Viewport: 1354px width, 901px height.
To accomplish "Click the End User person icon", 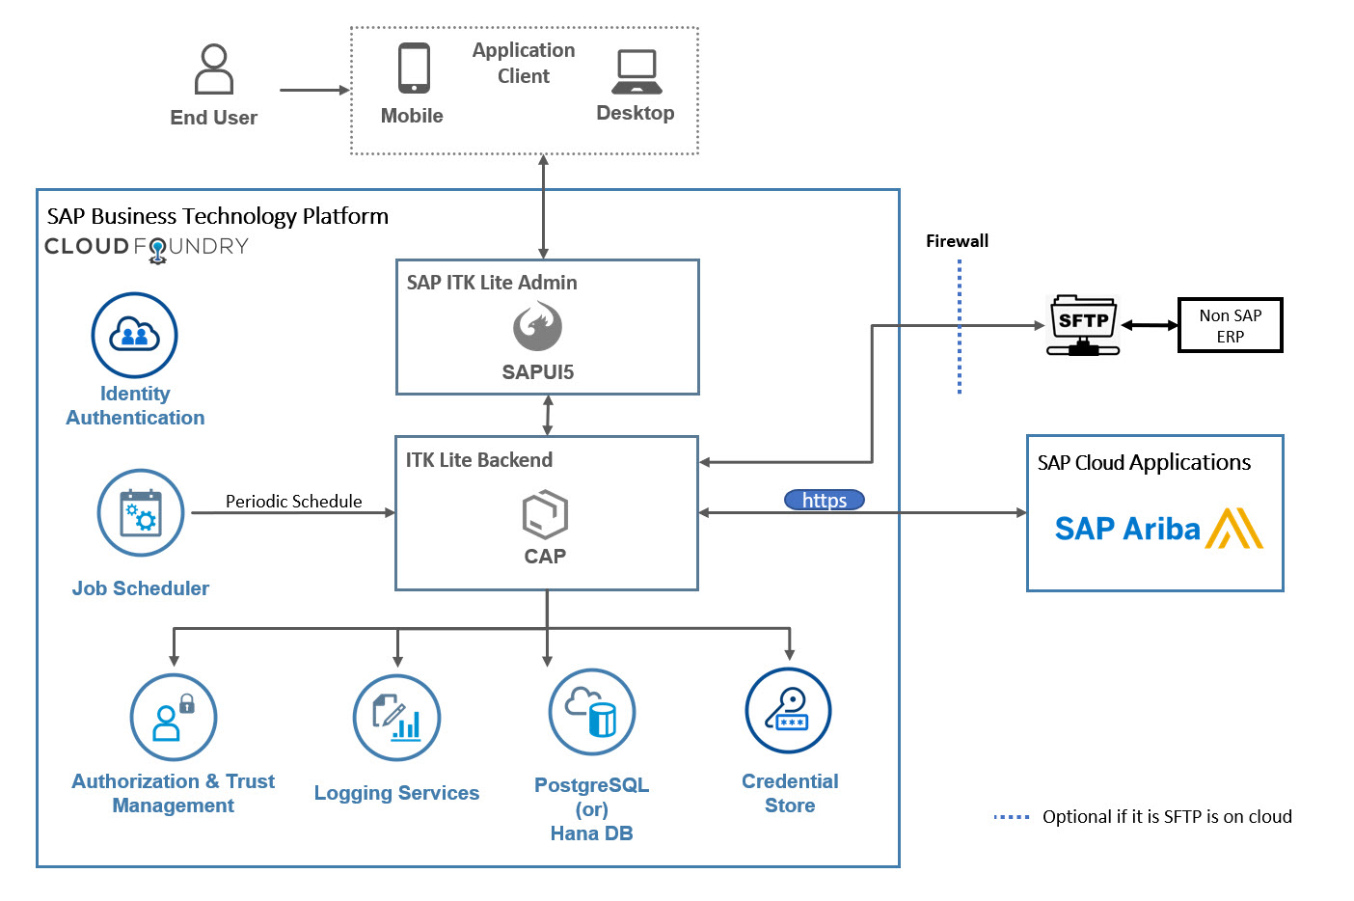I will pos(214,69).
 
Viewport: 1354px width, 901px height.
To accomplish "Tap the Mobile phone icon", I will pos(414,68).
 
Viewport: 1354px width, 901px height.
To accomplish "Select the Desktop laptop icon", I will pos(636,71).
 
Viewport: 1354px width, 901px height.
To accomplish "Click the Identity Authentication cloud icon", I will pos(135,336).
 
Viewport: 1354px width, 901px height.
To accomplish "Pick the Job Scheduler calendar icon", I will pos(141,513).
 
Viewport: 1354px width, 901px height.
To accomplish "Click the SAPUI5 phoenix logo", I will pos(537,326).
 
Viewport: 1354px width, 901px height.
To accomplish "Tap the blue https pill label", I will pos(824,500).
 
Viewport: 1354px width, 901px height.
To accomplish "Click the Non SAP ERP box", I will pos(1230,326).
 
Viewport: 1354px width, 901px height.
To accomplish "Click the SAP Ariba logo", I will pos(1157,529).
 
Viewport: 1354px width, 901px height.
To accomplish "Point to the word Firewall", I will pos(957,241).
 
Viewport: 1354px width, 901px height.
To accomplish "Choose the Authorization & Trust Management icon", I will pos(174,718).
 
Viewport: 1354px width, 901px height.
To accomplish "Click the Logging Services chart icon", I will pos(397,718).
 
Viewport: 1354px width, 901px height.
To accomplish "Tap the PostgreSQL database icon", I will pos(591,713).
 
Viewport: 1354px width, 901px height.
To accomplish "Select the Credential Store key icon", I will pos(789,711).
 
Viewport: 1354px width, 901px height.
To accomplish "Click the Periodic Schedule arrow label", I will pos(293,502).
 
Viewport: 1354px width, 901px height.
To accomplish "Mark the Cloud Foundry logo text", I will pos(147,247).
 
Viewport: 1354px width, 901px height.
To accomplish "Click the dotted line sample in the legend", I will pos(1012,817).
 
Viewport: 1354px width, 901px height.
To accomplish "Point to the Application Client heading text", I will pos(524,63).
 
